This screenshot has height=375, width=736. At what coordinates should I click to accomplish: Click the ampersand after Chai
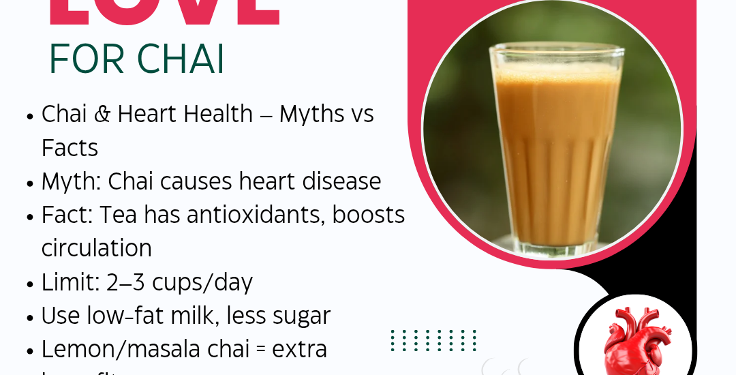point(102,114)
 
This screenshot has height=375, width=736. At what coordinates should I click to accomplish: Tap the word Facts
point(70,147)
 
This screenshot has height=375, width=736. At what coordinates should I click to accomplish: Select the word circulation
point(96,248)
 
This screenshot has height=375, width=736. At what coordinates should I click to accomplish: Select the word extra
point(299,349)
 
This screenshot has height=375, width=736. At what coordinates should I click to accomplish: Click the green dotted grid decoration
point(433,340)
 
